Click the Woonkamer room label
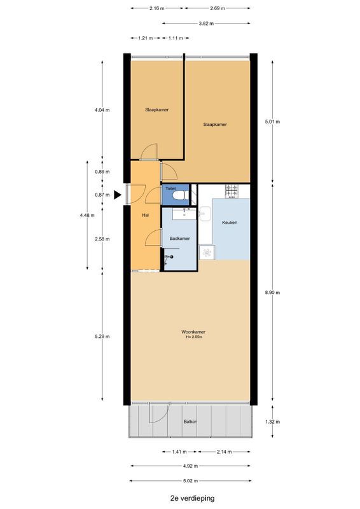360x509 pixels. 193,331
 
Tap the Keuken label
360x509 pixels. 230,222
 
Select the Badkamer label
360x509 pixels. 179,238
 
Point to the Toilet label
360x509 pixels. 170,188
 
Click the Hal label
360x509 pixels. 146,215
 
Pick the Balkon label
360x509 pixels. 190,422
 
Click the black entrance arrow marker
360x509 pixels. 117,195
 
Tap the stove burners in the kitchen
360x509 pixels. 232,191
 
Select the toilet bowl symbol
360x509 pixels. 179,195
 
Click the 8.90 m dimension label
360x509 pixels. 272,292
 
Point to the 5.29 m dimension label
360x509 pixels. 102,337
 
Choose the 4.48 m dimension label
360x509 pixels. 87,215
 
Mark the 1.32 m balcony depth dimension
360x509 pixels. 272,422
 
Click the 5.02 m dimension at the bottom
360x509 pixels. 190,481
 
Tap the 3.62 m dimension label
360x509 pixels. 206,24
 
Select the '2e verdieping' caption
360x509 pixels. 192,498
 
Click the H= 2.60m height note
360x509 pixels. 194,337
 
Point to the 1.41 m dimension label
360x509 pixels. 179,452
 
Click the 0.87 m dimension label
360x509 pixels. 102,195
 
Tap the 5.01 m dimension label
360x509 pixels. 272,122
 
